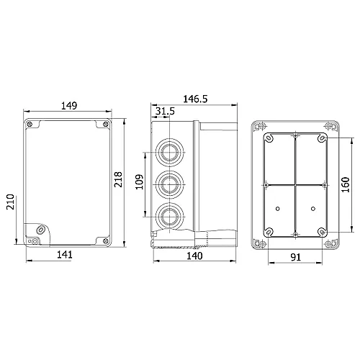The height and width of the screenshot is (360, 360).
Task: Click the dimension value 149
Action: coord(69,106)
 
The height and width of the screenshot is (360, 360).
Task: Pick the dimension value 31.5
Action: coord(164,110)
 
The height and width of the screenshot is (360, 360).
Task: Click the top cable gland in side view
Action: coord(171,153)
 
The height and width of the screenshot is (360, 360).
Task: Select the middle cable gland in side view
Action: coord(171,184)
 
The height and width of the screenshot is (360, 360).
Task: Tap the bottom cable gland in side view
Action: coord(171,215)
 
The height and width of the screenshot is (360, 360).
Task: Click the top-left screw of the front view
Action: coord(30,127)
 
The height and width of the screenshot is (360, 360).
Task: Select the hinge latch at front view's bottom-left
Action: coord(37,231)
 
